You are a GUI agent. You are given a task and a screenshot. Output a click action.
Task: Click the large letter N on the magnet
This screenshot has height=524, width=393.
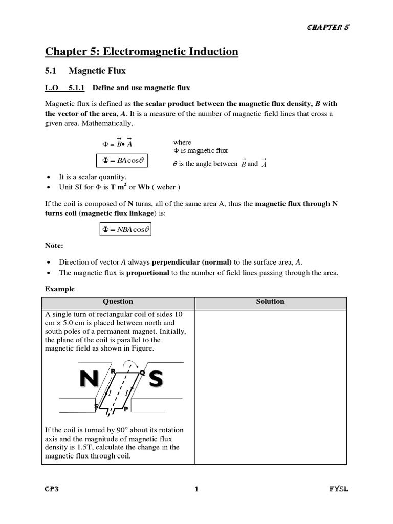(x=89, y=379)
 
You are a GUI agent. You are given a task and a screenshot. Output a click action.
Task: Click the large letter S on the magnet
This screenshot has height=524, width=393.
(x=156, y=379)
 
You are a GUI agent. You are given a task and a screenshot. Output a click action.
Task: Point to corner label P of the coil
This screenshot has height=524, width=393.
(x=126, y=409)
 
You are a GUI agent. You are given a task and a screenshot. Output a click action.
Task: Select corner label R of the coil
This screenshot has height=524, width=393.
(x=113, y=370)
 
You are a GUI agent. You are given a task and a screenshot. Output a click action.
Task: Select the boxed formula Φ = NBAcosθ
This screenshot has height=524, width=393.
(x=125, y=229)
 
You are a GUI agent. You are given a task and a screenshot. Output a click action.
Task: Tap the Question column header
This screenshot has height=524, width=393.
(x=118, y=302)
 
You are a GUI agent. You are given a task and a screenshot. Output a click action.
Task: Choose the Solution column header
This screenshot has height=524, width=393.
(x=270, y=302)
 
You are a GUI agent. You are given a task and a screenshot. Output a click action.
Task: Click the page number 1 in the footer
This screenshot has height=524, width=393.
(x=196, y=489)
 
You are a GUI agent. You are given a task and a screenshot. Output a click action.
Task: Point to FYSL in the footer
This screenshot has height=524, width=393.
(x=339, y=489)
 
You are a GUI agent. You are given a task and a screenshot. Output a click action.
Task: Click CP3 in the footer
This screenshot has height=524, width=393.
(x=52, y=489)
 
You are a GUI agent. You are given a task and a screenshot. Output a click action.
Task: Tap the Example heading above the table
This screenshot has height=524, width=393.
(x=59, y=289)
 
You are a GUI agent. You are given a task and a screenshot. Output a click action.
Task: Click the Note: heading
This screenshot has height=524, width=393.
(x=54, y=246)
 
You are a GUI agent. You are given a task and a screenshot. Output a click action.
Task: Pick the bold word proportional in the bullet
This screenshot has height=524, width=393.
(x=148, y=273)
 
